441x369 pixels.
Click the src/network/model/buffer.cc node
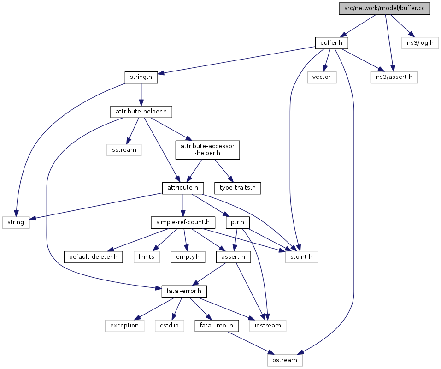384,8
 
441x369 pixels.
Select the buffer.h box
331,43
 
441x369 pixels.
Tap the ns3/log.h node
420,43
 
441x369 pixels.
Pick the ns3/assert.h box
394,77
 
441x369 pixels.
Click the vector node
322,77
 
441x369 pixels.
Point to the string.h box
141,77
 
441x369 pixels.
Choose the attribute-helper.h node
141,112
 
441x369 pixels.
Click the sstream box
124,150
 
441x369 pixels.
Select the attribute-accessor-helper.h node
207,150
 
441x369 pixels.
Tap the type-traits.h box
238,188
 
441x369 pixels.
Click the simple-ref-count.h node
183,222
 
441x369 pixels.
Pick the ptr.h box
238,222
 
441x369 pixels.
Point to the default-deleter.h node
94,257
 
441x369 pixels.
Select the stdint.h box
301,257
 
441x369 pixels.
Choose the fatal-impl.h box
217,326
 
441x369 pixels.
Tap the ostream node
285,360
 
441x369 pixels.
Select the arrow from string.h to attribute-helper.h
141,94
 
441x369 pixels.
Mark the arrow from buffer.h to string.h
236,60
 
